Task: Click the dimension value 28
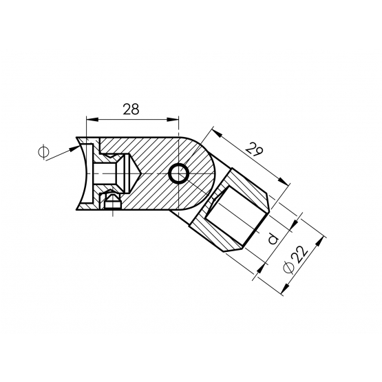[x=131, y=109]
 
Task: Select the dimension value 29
[x=254, y=149]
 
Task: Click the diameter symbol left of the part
[x=43, y=152]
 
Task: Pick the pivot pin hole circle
[x=179, y=173]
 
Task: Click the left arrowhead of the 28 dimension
[x=92, y=119]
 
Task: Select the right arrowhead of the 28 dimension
[x=173, y=119]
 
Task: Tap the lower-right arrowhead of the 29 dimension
[x=284, y=181]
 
